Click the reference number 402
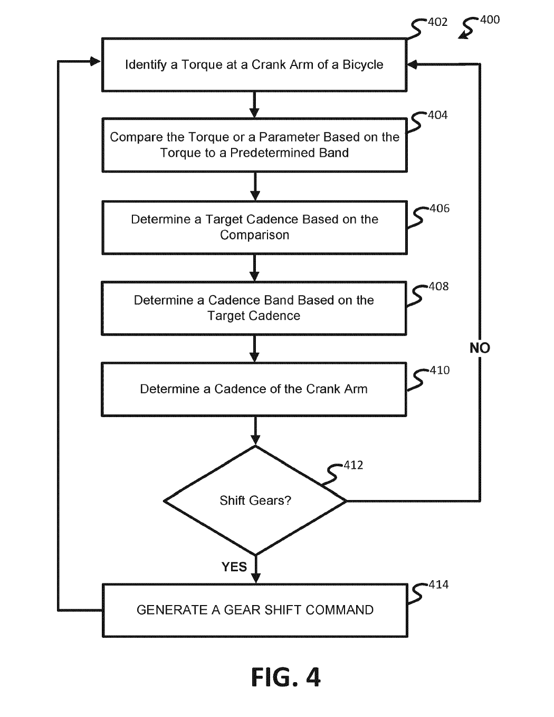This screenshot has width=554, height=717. click(438, 22)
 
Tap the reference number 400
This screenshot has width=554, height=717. click(490, 20)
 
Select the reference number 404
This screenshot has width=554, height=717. click(438, 115)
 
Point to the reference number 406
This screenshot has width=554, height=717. click(440, 209)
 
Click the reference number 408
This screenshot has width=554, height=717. click(438, 287)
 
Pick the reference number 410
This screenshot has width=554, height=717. click(440, 370)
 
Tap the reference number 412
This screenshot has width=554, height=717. click(353, 465)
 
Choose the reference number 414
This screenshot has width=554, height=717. click(438, 584)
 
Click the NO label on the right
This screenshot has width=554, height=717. click(480, 348)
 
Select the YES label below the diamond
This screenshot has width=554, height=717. click(234, 567)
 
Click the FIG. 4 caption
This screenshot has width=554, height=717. click(285, 677)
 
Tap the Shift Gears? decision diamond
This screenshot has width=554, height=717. click(255, 501)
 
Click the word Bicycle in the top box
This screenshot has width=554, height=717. click(363, 65)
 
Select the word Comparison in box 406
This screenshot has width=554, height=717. click(254, 235)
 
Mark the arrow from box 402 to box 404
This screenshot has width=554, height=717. click(254, 104)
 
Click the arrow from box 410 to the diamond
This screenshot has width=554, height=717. click(255, 430)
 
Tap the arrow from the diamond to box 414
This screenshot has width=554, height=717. click(255, 569)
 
